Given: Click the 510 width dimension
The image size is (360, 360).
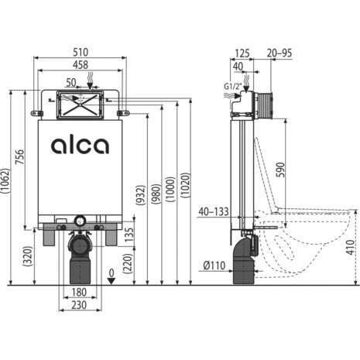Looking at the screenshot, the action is click(x=81, y=53).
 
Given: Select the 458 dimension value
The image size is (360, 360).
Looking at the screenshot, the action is click(x=81, y=65).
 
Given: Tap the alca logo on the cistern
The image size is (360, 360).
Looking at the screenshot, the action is click(x=80, y=146).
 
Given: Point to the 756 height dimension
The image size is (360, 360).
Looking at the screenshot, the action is click(x=19, y=157).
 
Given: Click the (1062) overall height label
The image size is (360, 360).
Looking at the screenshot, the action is click(x=5, y=180).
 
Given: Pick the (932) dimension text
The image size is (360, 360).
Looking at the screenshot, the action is click(x=141, y=195).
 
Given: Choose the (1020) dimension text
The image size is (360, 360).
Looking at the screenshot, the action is click(x=186, y=186).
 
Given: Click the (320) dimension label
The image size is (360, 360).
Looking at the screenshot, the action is click(x=28, y=256).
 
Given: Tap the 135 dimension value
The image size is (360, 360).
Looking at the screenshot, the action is click(x=129, y=235).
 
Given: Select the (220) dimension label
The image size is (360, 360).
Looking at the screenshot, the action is click(x=128, y=263).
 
